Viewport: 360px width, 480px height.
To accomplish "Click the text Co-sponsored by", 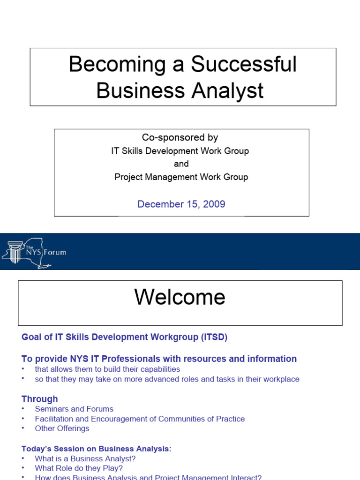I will pyautogui.click(x=180, y=137).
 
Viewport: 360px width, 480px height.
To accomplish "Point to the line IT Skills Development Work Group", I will pyautogui.click(x=180, y=151).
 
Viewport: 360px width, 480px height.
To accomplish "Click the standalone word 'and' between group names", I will pyautogui.click(x=181, y=164).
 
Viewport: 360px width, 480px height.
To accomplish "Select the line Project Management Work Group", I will pyautogui.click(x=181, y=177).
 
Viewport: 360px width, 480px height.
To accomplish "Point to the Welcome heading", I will pyautogui.click(x=180, y=297).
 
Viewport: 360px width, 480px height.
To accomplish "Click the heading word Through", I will pyautogui.click(x=40, y=399).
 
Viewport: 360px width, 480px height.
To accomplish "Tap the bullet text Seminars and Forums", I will pyautogui.click(x=74, y=409).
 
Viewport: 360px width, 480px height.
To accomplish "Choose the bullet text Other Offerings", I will pyautogui.click(x=62, y=428).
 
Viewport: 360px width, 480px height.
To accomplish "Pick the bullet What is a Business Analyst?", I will pyautogui.click(x=85, y=459).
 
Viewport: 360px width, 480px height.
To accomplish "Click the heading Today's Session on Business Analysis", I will pyautogui.click(x=97, y=449).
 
